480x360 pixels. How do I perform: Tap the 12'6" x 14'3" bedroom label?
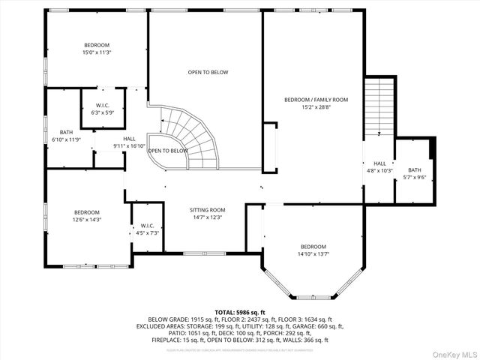86,216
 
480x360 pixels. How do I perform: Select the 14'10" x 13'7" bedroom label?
313,250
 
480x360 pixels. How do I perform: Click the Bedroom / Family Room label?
316,103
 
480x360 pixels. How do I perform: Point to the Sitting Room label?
206,214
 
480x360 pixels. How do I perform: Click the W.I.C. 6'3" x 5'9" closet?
103,109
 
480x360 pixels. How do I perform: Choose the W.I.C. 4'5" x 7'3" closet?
147,229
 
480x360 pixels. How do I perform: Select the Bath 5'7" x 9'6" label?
415,174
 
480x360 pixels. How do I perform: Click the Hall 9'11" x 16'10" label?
129,142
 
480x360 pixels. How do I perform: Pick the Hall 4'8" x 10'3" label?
379,166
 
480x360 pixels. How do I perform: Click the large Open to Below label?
208,72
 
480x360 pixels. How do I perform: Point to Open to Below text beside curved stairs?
167,151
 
